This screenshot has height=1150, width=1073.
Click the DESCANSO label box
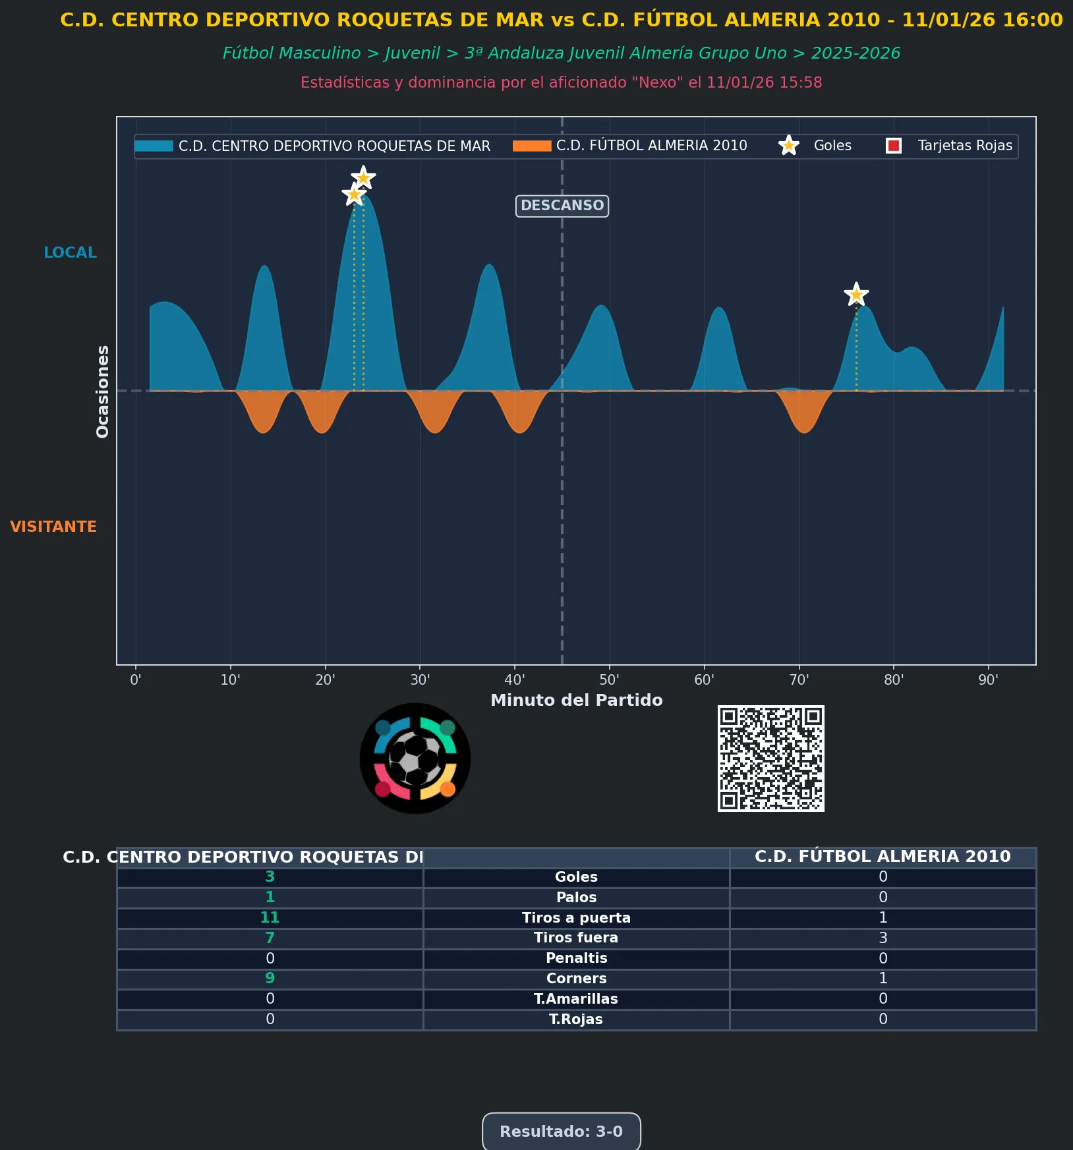point(562,206)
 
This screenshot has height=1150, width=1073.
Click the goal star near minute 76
point(856,295)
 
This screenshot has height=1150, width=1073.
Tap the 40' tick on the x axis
point(515,680)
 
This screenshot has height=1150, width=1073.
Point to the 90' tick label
point(988,680)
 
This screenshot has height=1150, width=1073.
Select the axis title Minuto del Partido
point(576,700)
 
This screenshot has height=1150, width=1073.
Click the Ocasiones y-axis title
point(103,391)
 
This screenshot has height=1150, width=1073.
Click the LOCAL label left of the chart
point(70,252)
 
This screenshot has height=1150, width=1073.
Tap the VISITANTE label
point(53,527)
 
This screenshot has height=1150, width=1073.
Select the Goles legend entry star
point(788,146)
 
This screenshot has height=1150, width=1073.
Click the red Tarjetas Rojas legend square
point(894,146)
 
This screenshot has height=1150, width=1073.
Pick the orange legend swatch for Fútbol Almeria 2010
point(531,146)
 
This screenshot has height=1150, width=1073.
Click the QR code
point(770,758)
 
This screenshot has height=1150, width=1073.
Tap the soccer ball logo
point(415,758)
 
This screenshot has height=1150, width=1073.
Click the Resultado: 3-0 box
point(561,1131)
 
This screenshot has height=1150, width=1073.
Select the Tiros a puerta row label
point(576,917)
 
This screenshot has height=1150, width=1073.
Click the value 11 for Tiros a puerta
point(270,917)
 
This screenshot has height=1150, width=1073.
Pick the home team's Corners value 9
point(270,978)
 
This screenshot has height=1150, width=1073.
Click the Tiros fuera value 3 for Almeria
point(883,938)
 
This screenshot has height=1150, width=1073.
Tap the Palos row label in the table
point(576,897)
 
